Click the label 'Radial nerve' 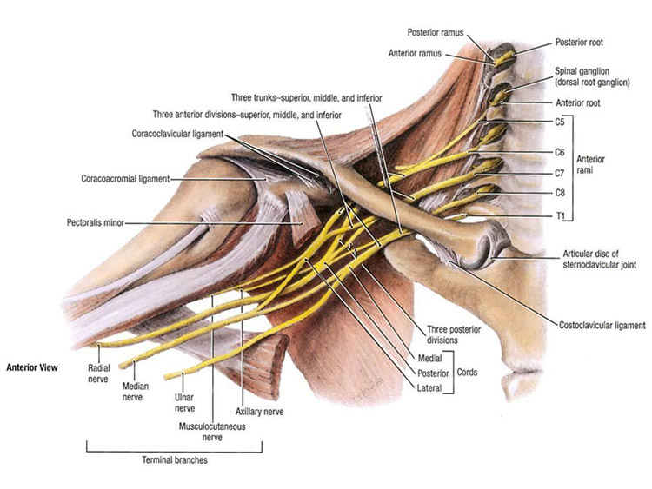[x=97, y=373]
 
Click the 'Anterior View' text [x=31, y=367]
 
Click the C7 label [x=559, y=172]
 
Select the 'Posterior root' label [x=580, y=41]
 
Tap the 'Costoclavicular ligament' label [x=600, y=326]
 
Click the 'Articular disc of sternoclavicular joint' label [x=601, y=259]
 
